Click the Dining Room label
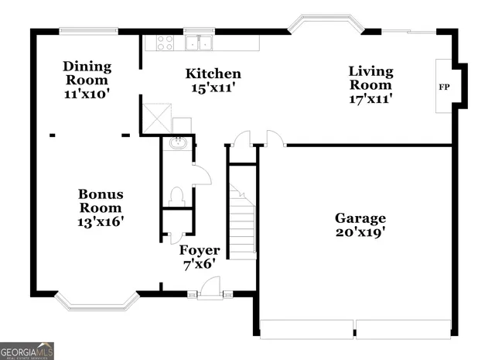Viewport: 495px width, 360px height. click(87, 73)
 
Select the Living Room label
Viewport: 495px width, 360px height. click(370, 77)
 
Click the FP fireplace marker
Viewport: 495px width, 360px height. click(445, 87)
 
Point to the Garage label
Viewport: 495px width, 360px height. click(360, 218)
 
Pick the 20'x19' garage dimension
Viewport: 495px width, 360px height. click(360, 231)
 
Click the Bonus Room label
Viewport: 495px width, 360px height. click(101, 201)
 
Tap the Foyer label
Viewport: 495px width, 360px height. click(200, 251)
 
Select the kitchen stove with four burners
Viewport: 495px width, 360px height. click(166, 42)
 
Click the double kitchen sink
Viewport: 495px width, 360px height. click(200, 42)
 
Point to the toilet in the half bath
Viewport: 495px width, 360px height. click(176, 196)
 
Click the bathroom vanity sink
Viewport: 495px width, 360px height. click(177, 142)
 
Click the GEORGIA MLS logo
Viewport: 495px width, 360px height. click(27, 350)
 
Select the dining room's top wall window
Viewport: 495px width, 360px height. click(84, 31)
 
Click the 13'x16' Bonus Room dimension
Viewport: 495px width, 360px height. click(101, 221)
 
